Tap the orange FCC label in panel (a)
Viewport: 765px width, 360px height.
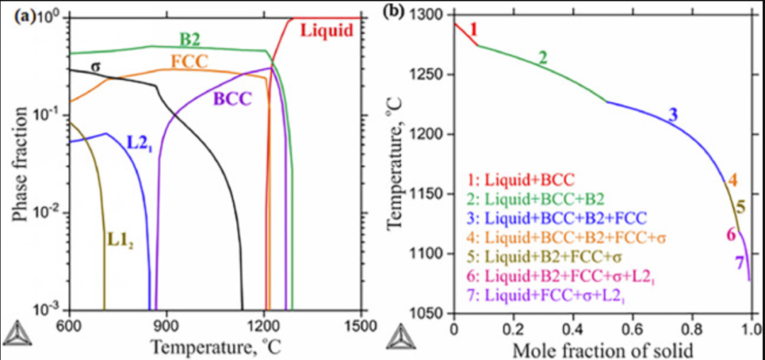(190, 62)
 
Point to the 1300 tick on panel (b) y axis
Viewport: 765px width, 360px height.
(427, 16)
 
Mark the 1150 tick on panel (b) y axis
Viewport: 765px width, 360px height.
(427, 194)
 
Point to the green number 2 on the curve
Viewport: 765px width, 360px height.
(543, 58)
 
